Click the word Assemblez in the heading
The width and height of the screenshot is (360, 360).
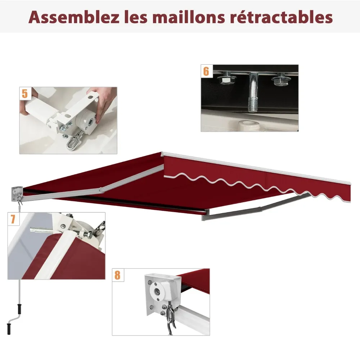click(74, 17)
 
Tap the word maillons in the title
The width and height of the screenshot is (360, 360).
click(188, 17)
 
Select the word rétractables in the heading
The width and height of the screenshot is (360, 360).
click(281, 17)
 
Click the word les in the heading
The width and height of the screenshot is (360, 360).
click(136, 17)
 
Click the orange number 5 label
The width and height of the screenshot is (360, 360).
click(25, 94)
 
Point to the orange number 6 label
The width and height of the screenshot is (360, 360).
click(206, 71)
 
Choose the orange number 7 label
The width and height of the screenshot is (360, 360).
click(13, 219)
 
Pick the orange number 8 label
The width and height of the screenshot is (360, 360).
click(117, 275)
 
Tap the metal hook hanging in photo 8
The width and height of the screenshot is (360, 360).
click(171, 318)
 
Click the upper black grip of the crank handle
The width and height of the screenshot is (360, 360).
click(19, 309)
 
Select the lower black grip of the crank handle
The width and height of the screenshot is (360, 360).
click(9, 329)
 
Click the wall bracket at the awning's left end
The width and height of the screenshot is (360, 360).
click(17, 194)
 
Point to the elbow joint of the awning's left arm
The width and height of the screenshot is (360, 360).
click(101, 190)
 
